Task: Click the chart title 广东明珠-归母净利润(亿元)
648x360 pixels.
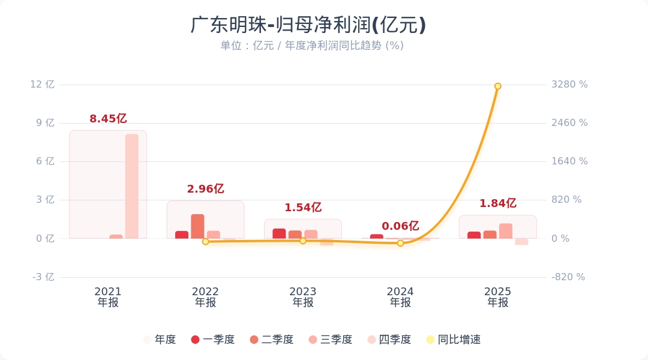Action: (x=308, y=25)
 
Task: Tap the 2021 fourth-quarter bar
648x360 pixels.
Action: (x=132, y=186)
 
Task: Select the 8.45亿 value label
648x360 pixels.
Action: (x=108, y=119)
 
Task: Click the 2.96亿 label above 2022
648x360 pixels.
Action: (x=205, y=189)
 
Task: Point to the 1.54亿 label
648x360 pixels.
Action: (x=303, y=208)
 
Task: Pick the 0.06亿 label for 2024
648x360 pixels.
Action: (x=400, y=226)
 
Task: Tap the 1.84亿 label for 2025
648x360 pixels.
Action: (x=497, y=203)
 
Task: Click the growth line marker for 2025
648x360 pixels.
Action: (x=497, y=86)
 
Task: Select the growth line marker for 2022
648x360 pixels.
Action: (x=205, y=241)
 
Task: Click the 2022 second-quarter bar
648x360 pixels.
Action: (x=197, y=226)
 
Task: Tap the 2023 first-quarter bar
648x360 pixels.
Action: (x=279, y=233)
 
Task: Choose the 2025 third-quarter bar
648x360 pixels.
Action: (x=506, y=231)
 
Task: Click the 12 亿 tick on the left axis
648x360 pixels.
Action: (x=42, y=85)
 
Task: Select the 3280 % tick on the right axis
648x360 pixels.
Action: (x=569, y=85)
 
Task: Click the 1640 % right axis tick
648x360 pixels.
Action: (x=569, y=161)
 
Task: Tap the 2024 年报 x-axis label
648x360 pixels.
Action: (x=400, y=297)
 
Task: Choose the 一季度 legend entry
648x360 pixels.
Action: (x=213, y=340)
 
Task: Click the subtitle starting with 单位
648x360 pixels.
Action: (x=311, y=46)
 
